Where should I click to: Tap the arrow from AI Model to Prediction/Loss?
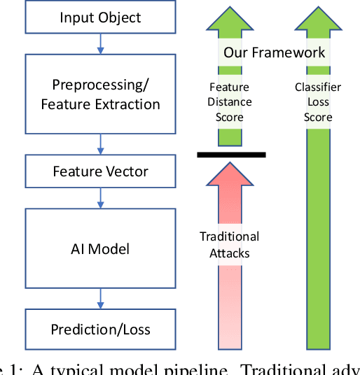coord(101,303)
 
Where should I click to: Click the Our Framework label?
coord(274,52)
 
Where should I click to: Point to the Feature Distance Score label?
coord(229,102)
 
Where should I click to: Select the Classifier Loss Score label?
coord(317,102)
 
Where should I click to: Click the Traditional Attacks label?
coord(229,244)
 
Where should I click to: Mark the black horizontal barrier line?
coord(231,154)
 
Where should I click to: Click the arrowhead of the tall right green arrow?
coord(318,21)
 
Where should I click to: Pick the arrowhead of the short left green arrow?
coord(230,21)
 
